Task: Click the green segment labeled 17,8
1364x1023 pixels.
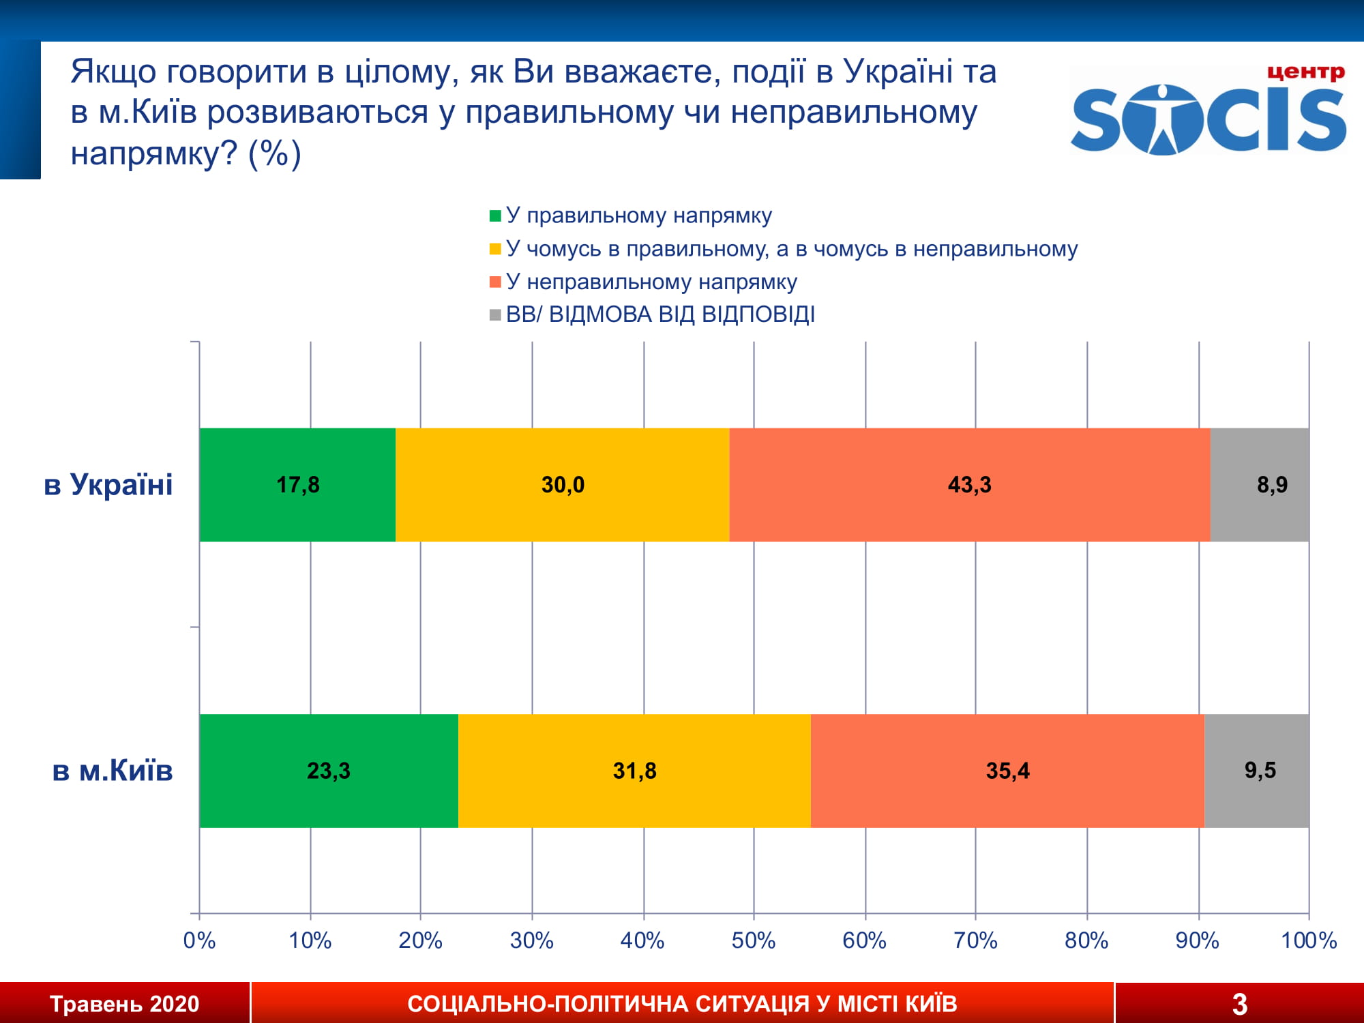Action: click(297, 485)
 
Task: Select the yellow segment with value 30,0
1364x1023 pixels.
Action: click(562, 485)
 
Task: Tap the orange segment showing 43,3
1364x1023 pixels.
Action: click(969, 485)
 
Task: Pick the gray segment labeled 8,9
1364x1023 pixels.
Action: click(1260, 485)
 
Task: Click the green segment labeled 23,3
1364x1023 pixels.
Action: click(328, 771)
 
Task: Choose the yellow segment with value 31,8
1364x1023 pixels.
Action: click(634, 771)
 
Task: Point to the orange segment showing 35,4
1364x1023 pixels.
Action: click(1007, 771)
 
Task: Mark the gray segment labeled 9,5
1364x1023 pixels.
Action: click(1256, 771)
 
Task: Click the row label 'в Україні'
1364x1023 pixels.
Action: click(108, 485)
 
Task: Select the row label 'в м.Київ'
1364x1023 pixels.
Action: click(113, 771)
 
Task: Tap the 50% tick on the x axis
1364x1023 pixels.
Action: click(753, 940)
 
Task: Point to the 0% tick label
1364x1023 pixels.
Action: click(199, 940)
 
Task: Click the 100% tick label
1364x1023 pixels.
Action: click(1308, 940)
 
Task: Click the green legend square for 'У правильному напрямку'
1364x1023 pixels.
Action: click(495, 216)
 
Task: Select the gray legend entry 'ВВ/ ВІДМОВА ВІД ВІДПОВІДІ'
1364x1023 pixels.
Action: click(659, 314)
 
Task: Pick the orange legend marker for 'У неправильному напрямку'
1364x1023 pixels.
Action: click(495, 282)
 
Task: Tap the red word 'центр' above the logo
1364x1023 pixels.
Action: click(1305, 72)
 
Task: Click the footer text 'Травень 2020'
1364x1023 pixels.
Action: click(124, 1004)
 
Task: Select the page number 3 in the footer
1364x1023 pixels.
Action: click(1239, 1004)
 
